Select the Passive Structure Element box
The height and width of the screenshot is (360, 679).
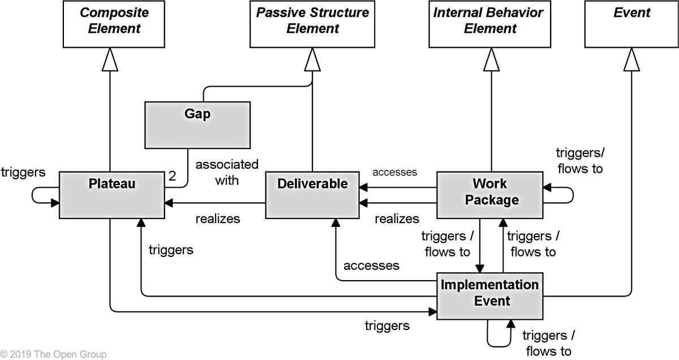tap(312, 24)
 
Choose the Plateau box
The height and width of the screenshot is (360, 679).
tap(111, 194)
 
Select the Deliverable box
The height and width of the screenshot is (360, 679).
tap(312, 194)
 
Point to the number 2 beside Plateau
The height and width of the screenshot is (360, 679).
tap(172, 177)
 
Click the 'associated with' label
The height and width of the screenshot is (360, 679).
tap(226, 172)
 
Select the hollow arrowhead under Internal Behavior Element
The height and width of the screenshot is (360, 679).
tap(490, 59)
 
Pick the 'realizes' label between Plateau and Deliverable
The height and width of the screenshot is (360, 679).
tap(218, 218)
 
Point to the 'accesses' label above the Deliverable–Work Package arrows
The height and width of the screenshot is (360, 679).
tap(394, 172)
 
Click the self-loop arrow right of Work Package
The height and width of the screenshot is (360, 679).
tap(566, 194)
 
